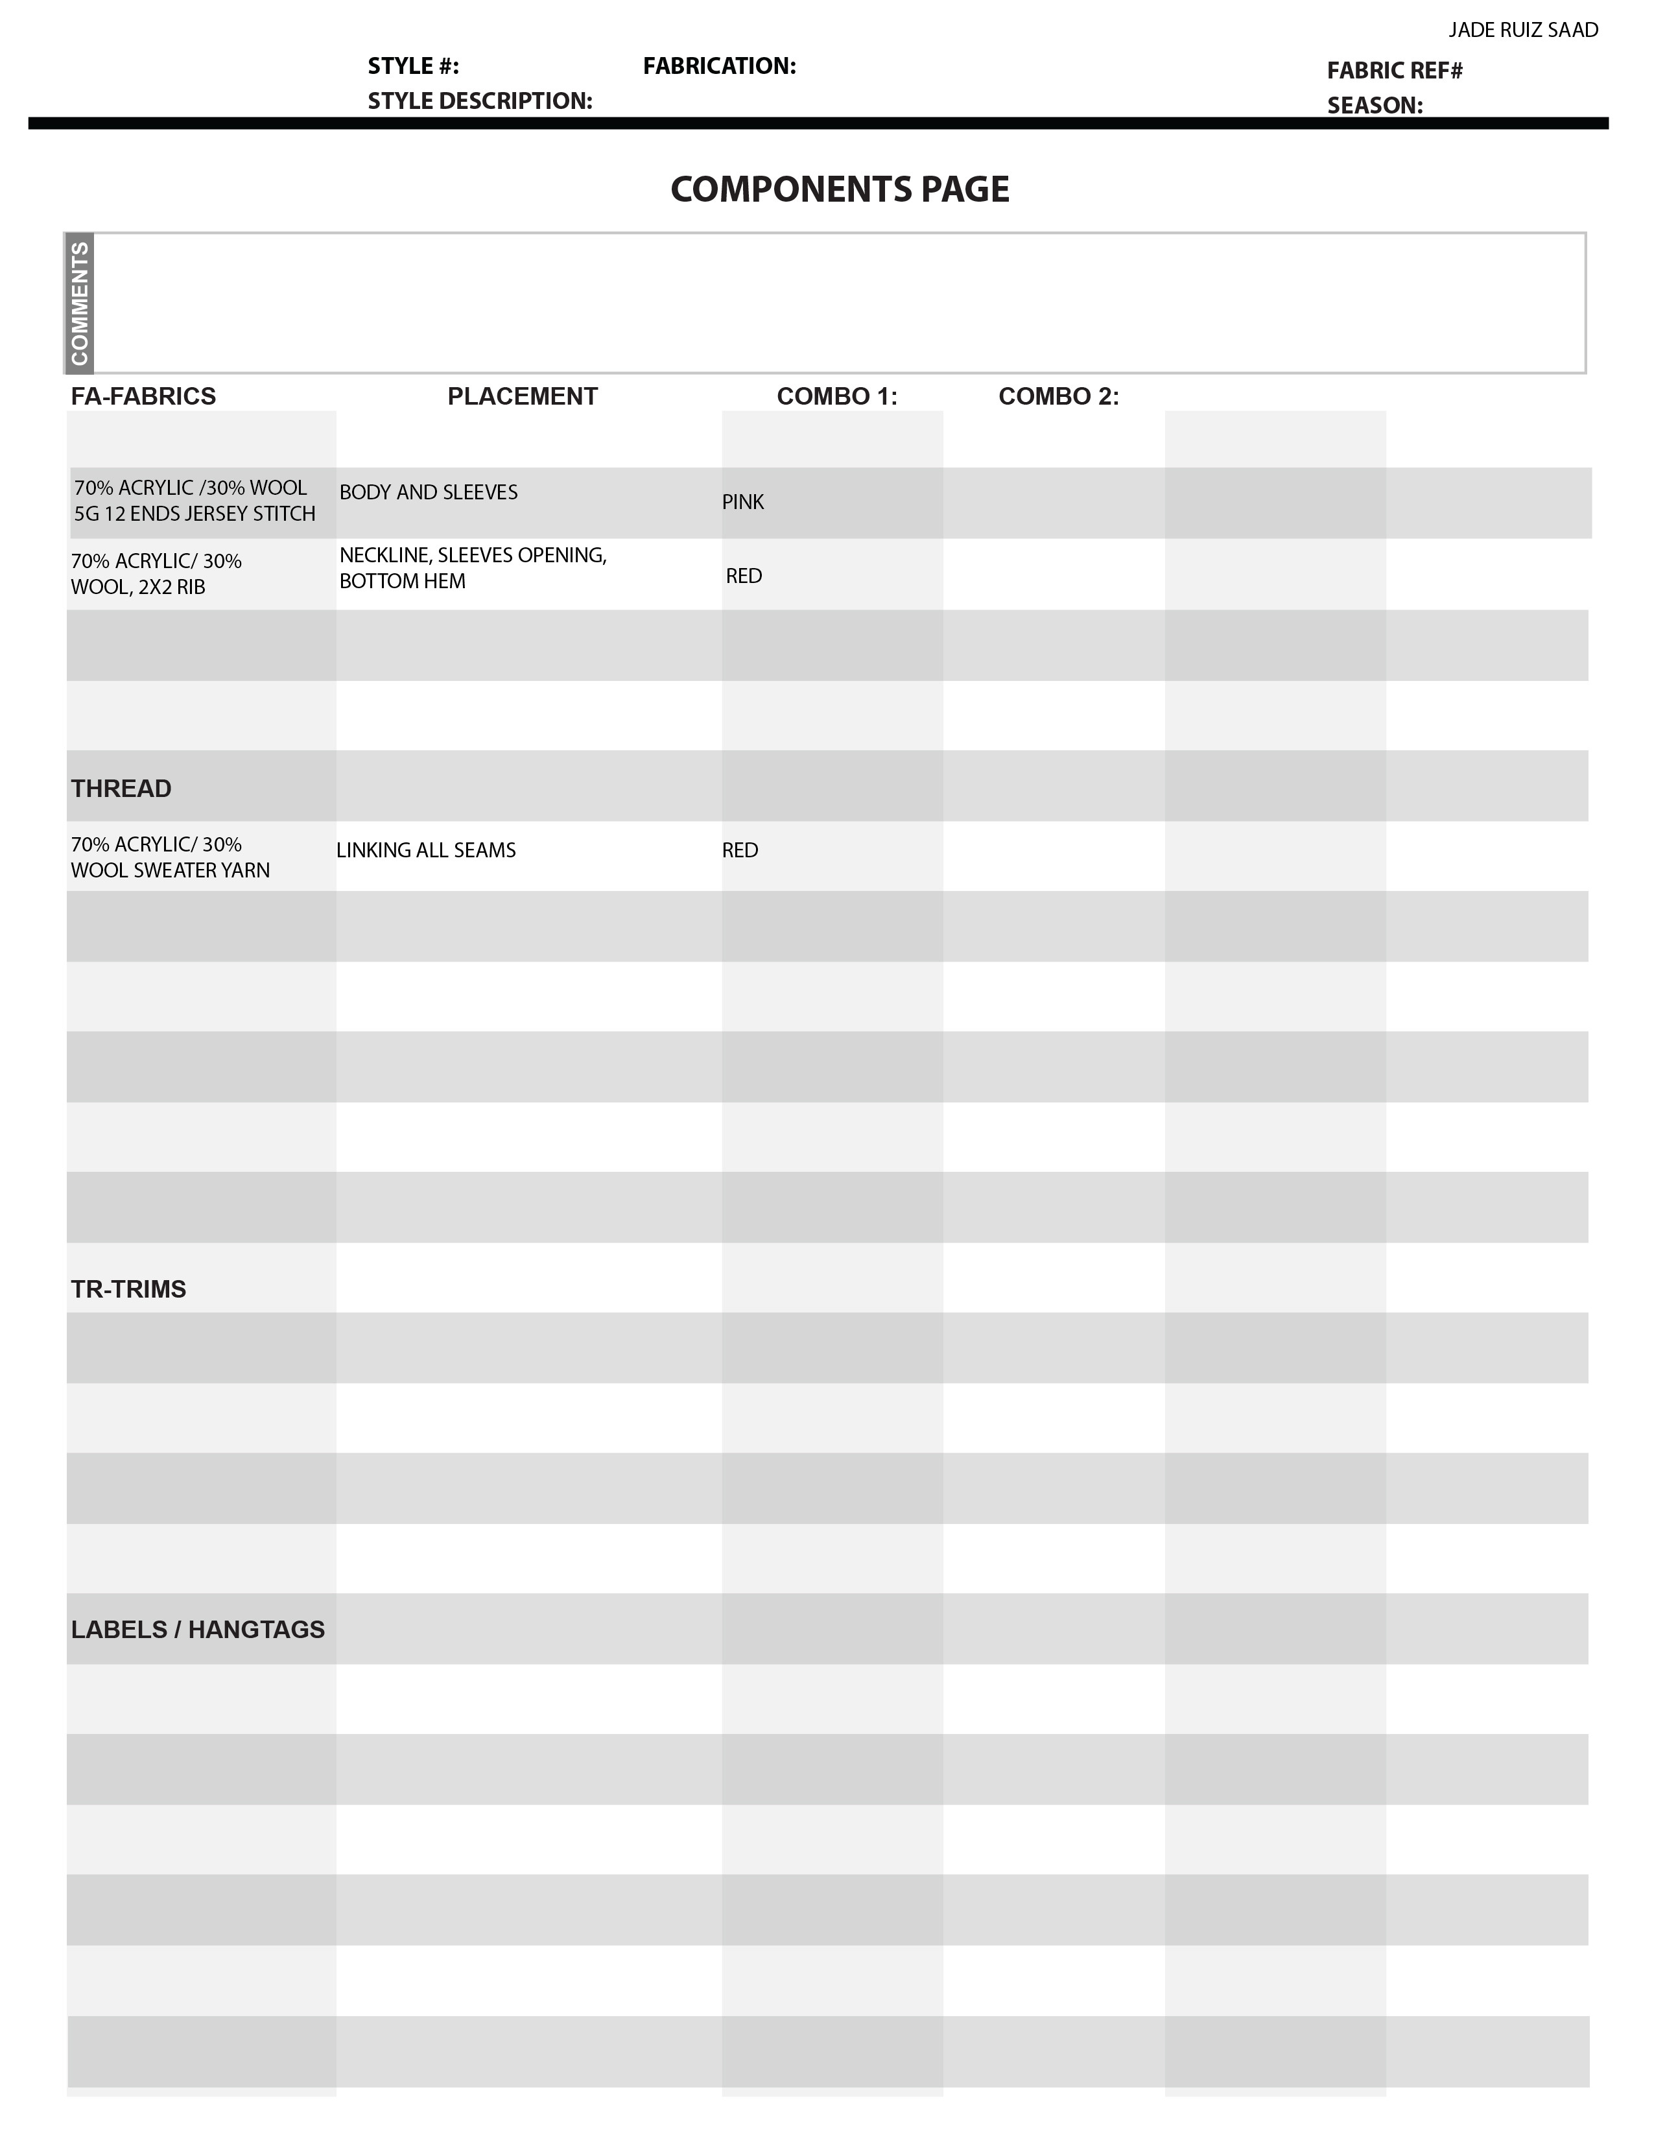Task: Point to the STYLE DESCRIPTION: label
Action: (x=479, y=101)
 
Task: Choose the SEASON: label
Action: (x=1375, y=106)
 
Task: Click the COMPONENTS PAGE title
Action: (x=840, y=189)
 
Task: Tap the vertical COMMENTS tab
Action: (x=79, y=303)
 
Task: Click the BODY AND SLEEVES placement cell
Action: (x=428, y=492)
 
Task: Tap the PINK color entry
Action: (x=743, y=503)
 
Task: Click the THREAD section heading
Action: (x=121, y=789)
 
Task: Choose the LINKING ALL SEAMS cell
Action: (x=425, y=851)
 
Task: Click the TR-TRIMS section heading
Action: (x=128, y=1289)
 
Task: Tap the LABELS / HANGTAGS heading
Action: (x=197, y=1630)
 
